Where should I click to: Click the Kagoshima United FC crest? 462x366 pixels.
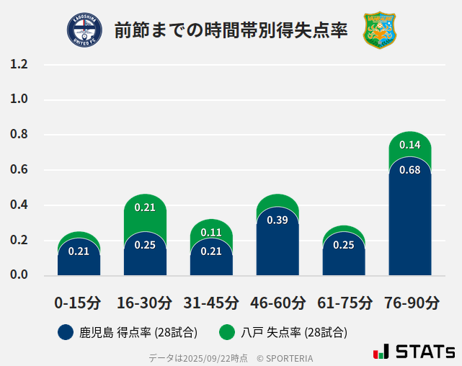coord(84,30)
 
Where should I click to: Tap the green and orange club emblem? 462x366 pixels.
coord(379,30)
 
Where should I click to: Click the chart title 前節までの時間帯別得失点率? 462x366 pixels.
coord(231,30)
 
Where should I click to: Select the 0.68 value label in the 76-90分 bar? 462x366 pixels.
coord(409,170)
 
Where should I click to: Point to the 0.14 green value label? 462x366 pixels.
coord(409,145)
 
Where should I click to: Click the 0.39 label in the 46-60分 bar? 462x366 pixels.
coord(277,220)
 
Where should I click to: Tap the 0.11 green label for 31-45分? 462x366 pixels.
coord(211,232)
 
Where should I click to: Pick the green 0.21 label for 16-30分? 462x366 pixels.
coord(145,207)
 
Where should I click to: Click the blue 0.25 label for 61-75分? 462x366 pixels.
coord(344,245)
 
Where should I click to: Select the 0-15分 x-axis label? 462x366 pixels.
coord(78,303)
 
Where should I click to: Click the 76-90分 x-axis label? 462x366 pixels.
coord(411,303)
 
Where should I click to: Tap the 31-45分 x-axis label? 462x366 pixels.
coord(210,303)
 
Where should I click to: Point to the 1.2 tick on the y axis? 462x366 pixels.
coord(19,64)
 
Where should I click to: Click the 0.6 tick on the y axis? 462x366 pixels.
coord(19,170)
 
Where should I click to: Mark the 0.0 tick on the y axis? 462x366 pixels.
coord(19,275)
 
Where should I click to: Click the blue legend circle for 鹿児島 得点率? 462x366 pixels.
coord(66,332)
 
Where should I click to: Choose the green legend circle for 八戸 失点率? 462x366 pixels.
coord(228,332)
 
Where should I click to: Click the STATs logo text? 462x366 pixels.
coord(425,352)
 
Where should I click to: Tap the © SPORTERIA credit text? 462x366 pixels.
coord(285,357)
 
